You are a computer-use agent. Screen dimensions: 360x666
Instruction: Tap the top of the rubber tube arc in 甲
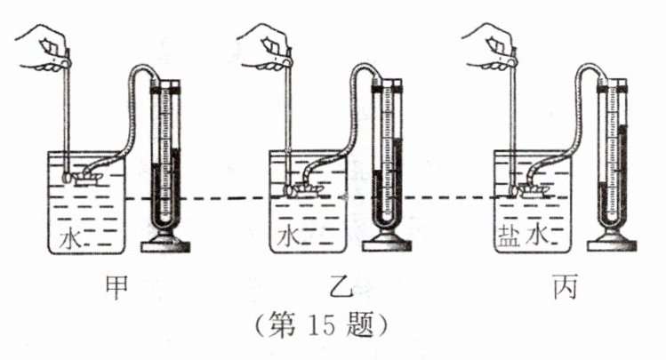pos(142,69)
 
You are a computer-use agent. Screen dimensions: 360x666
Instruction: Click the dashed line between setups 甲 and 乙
pos(222,198)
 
